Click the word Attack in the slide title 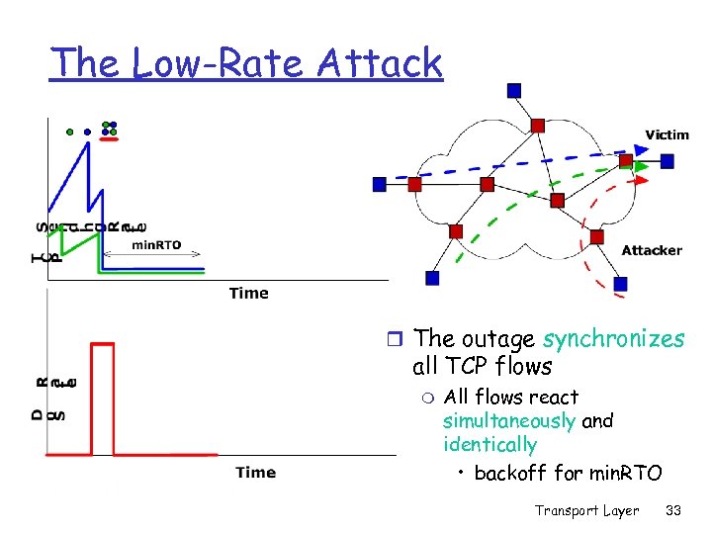(380, 62)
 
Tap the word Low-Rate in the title (222, 62)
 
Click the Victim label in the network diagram (667, 134)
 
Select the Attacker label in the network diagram (652, 250)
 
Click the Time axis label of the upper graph (248, 293)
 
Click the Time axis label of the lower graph (255, 473)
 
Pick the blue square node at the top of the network (513, 91)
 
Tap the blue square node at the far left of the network (380, 184)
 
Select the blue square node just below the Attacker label (620, 284)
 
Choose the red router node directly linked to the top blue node (537, 125)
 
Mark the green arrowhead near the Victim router (642, 167)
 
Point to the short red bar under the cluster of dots (110, 139)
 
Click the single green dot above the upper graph (69, 130)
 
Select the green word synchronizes (613, 339)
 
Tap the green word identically (489, 445)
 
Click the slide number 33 (674, 510)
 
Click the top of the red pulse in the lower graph (101, 343)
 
